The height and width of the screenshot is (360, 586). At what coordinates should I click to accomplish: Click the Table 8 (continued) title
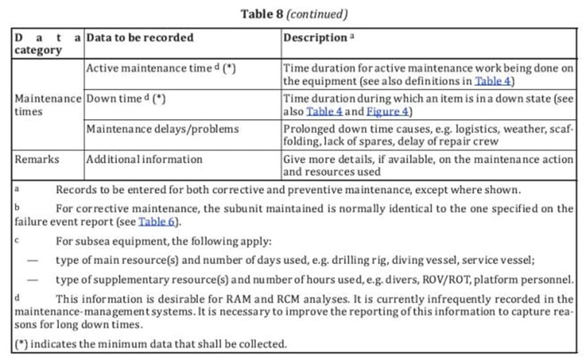pos(294,14)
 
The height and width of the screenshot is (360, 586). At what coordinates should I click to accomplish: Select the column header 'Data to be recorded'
pos(140,37)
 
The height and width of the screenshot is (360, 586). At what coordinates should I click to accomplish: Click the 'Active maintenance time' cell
pos(161,68)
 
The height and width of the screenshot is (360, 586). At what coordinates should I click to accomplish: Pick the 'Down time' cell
pos(125,98)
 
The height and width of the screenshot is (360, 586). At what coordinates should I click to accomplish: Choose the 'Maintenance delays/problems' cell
pos(162,129)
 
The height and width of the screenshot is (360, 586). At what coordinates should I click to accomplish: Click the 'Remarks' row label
pos(37,159)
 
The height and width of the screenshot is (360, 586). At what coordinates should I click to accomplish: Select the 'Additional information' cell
pos(144,159)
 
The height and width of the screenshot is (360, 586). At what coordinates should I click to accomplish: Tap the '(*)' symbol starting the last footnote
pos(22,343)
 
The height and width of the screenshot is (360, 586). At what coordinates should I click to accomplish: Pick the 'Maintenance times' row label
pos(48,104)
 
